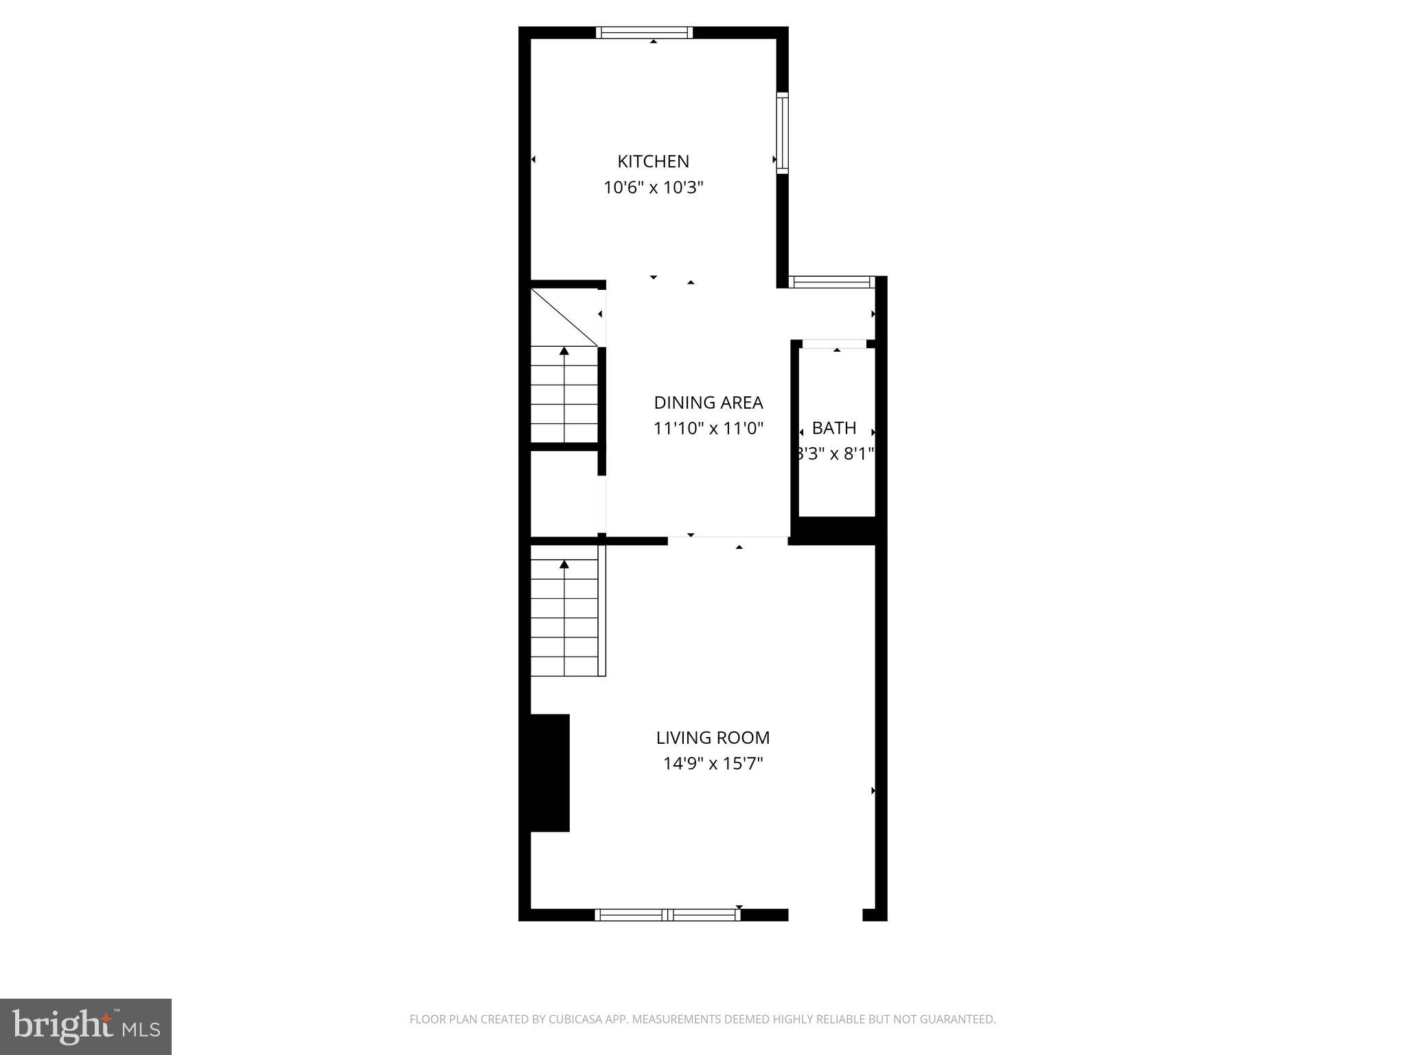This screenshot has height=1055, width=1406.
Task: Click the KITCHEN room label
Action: [653, 161]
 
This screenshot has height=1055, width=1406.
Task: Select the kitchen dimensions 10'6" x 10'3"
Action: [653, 188]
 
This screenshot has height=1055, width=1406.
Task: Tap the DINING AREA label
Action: [708, 402]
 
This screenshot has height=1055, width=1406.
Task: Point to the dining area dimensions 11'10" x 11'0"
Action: [708, 429]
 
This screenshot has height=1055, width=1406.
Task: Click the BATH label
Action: [833, 428]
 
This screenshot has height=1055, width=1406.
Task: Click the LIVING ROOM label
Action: [713, 738]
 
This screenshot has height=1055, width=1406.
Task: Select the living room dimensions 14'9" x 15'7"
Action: [713, 763]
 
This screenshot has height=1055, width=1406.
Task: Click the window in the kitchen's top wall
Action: [644, 32]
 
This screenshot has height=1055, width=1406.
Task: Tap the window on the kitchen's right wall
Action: [782, 133]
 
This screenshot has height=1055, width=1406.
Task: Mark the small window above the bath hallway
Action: [831, 282]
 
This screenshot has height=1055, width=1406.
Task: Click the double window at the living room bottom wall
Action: [667, 914]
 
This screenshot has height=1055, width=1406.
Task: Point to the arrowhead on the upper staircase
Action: [564, 351]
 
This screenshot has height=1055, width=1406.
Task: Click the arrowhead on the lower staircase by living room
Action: [564, 565]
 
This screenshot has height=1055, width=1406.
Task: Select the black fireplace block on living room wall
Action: [549, 773]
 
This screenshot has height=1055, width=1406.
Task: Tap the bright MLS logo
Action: [86, 1026]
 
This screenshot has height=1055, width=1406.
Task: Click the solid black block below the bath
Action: [833, 530]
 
